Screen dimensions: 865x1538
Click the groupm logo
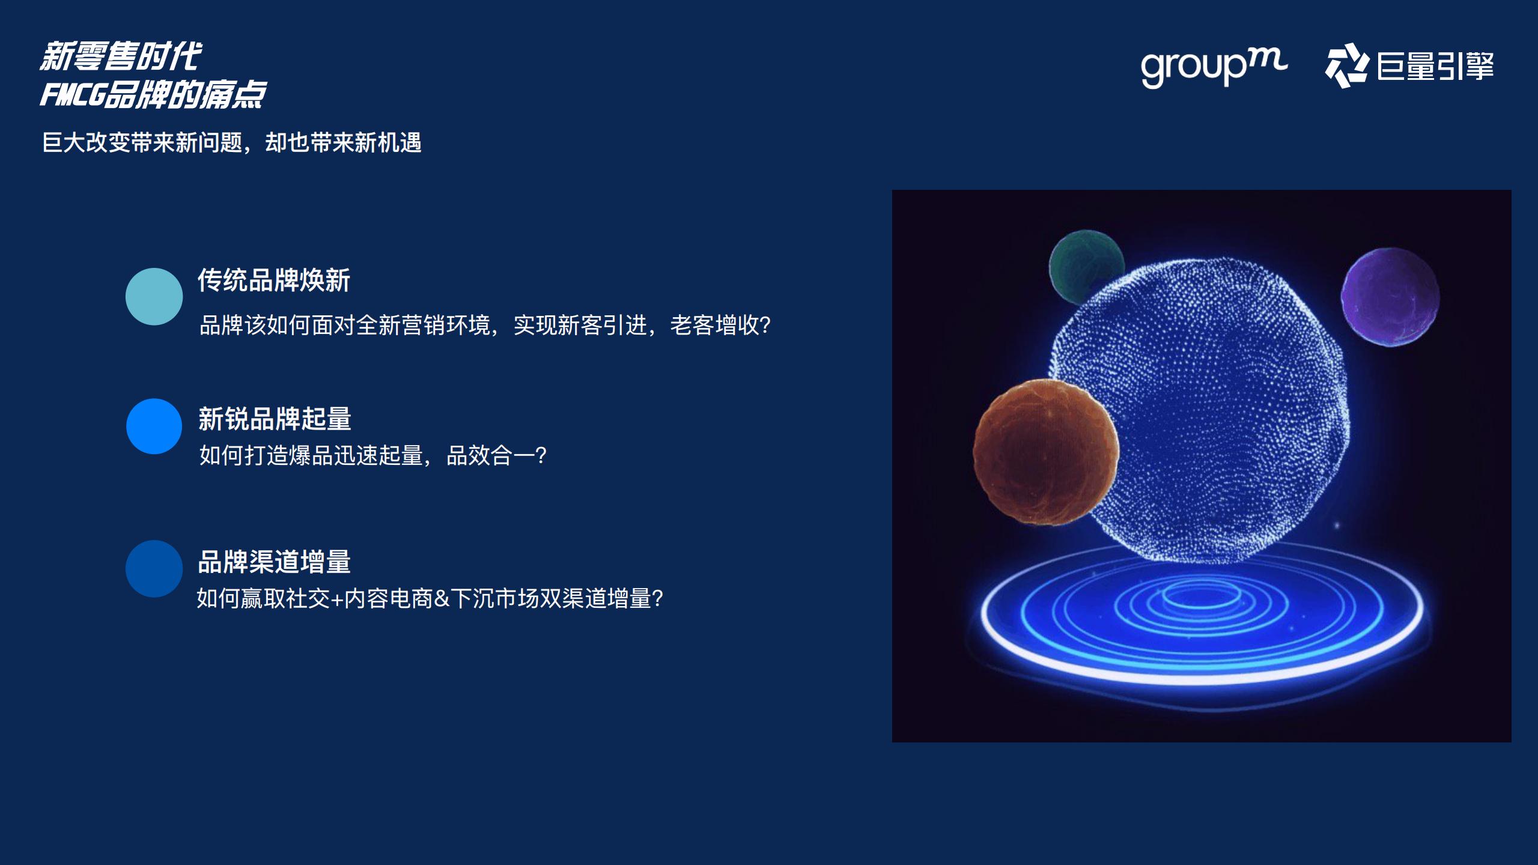tap(1214, 66)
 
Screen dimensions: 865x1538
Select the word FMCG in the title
tap(73, 95)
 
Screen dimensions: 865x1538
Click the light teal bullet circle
tap(154, 297)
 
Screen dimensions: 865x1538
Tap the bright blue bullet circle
tap(154, 426)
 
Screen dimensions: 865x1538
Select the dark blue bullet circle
tap(154, 569)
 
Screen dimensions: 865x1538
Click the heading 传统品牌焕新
tap(274, 281)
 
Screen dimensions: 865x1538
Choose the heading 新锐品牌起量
tap(275, 419)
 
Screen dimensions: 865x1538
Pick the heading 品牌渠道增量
tap(274, 562)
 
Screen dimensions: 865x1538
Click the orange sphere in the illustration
tap(1045, 452)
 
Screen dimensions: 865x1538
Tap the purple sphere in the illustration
tap(1390, 297)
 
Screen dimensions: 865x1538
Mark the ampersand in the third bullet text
tap(442, 599)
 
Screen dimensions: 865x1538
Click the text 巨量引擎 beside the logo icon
tap(1435, 66)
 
